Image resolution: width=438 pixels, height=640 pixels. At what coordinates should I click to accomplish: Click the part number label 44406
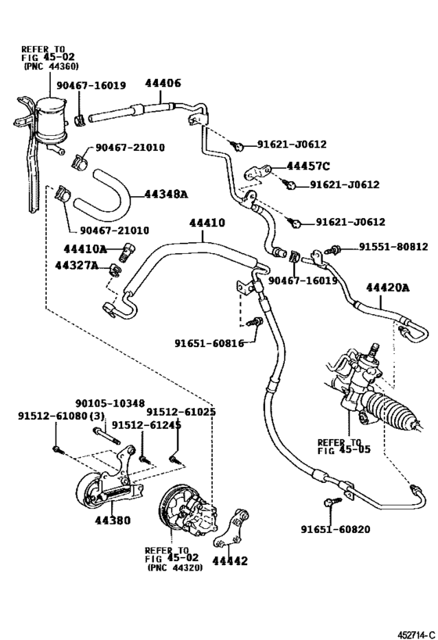point(163,84)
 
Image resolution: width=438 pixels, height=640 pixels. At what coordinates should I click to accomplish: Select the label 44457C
point(308,166)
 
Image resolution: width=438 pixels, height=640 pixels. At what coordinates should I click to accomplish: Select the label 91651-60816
point(209,343)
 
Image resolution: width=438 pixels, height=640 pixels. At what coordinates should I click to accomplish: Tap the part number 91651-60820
point(335,529)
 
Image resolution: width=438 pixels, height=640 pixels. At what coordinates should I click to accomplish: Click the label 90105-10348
point(109,403)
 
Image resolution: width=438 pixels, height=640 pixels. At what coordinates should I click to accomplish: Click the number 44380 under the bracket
point(113,520)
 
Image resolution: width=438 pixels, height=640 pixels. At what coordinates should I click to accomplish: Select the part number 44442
point(229,561)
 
